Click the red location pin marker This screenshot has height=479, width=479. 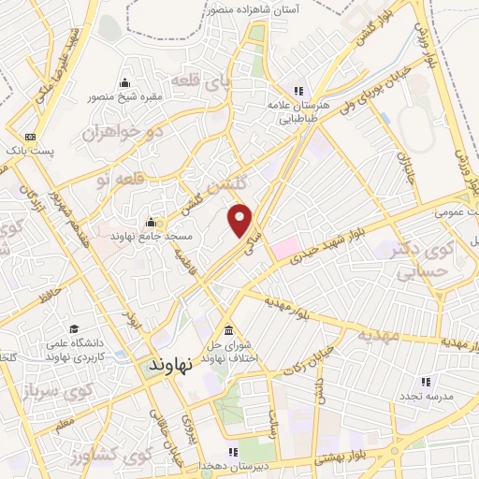[x=240, y=218]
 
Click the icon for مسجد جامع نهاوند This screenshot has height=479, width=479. [x=151, y=223]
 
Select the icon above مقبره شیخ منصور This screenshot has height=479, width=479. [x=126, y=83]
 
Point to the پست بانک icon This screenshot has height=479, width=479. [x=32, y=137]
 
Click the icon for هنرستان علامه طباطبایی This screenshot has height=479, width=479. [x=299, y=92]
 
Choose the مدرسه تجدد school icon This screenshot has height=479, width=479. [x=425, y=382]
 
